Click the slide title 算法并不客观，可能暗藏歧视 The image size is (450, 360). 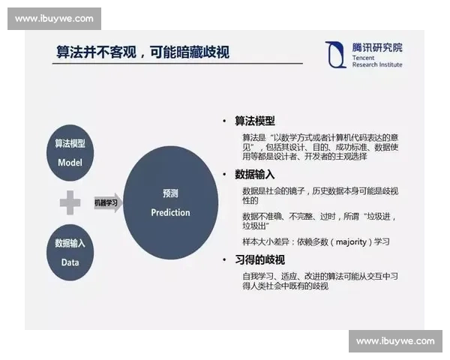click(143, 52)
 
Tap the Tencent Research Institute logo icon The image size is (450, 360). click(336, 54)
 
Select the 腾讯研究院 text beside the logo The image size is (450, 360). click(377, 47)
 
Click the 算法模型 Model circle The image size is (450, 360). click(69, 152)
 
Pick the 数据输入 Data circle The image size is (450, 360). click(70, 252)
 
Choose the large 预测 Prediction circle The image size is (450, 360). click(170, 202)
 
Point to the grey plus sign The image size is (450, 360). click(70, 202)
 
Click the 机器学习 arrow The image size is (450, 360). click(108, 202)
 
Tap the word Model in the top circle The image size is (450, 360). click(69, 162)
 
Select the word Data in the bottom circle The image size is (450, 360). click(70, 262)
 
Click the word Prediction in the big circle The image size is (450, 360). click(170, 212)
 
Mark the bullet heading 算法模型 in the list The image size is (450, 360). click(254, 121)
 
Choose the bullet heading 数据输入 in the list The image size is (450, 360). click(254, 174)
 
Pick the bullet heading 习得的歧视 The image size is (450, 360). click(259, 259)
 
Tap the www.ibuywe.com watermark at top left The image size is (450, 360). click(54, 19)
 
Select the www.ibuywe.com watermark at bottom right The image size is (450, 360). click(395, 341)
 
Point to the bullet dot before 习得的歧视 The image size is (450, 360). click(224, 259)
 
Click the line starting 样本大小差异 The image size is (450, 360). click(316, 241)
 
